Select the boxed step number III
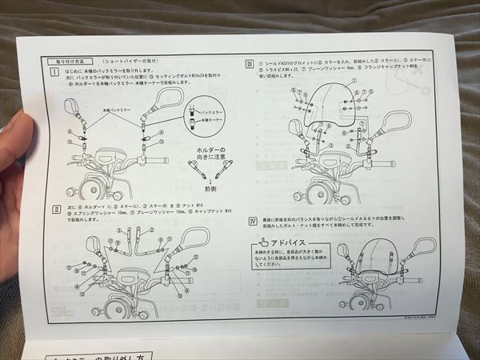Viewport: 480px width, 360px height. tap(249, 64)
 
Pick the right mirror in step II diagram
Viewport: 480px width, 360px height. tap(194, 237)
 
